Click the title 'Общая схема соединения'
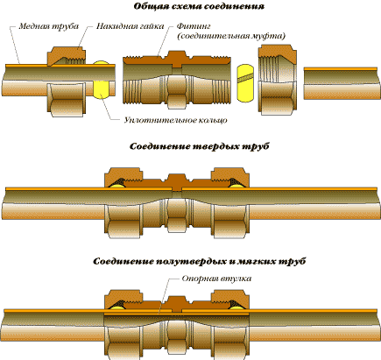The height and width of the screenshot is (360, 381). coord(199,7)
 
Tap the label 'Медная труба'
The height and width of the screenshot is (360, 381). coord(49,26)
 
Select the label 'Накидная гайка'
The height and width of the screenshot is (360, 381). coord(130,26)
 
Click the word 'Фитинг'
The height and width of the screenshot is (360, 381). coord(194,26)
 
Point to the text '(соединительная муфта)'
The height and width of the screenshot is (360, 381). coord(231,36)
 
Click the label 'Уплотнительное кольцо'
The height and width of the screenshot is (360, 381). coord(176,120)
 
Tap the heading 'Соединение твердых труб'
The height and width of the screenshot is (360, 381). coord(199,146)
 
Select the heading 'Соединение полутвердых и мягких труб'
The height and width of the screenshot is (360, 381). coord(199,261)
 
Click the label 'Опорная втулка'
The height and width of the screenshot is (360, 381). coord(216,279)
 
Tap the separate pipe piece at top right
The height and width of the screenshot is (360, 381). coord(342,83)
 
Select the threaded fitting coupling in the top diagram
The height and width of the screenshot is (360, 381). coord(177,80)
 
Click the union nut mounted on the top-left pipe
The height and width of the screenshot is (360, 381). coord(67,81)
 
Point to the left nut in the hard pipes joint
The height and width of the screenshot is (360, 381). coord(123,203)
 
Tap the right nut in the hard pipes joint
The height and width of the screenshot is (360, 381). coord(230,203)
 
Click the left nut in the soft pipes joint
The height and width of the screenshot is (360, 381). coord(123,325)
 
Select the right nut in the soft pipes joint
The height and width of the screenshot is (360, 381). coord(230,325)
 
